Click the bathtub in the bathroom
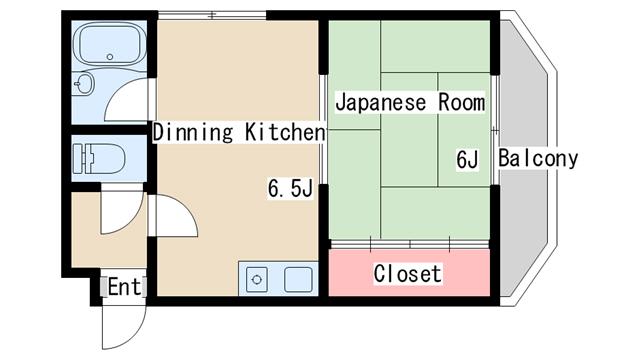pyautogui.click(x=109, y=44)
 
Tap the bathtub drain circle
pyautogui.click(x=109, y=57)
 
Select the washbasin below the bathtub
pyautogui.click(x=84, y=84)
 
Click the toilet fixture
pyautogui.click(x=99, y=158)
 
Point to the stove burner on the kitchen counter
pyautogui.click(x=257, y=280)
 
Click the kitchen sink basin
pyautogui.click(x=298, y=280)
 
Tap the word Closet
pyautogui.click(x=408, y=273)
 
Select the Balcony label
pyautogui.click(x=538, y=158)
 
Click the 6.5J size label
pyautogui.click(x=290, y=188)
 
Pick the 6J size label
pyautogui.click(x=467, y=159)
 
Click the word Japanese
pyautogui.click(x=381, y=102)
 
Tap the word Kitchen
pyautogui.click(x=285, y=132)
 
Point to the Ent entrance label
pyautogui.click(x=124, y=287)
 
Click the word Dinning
pyautogui.click(x=193, y=133)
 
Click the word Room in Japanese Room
pyautogui.click(x=462, y=102)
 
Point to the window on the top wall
pyautogui.click(x=212, y=16)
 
